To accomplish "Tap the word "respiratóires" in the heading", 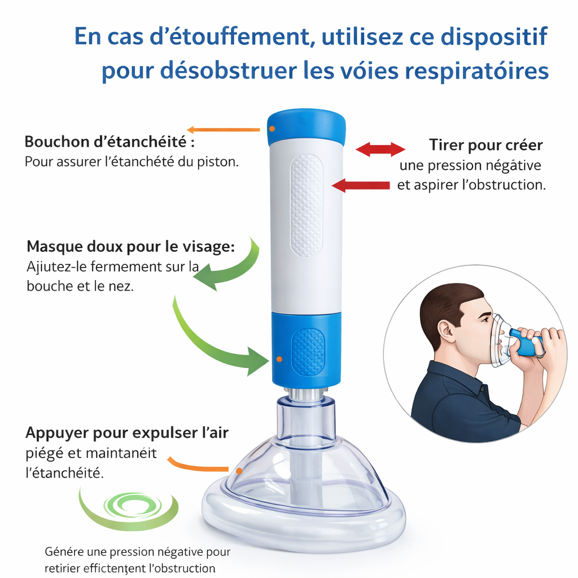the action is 477,70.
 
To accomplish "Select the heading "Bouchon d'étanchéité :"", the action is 110,142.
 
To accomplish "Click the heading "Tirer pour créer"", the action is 486,145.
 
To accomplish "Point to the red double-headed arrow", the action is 380,149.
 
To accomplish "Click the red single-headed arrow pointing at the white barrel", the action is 361,185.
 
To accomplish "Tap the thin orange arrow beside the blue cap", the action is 224,130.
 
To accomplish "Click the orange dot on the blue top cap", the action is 272,129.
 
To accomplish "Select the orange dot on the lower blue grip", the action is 279,359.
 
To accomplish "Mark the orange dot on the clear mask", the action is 239,471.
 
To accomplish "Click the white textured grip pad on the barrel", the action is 306,205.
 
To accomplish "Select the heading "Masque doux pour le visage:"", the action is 131,246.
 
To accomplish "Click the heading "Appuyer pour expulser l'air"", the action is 127,433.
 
